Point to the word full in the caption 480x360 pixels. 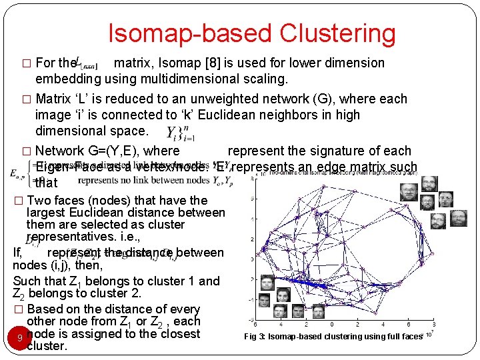[x=393, y=337]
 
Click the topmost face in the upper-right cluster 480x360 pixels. [x=430, y=184]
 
